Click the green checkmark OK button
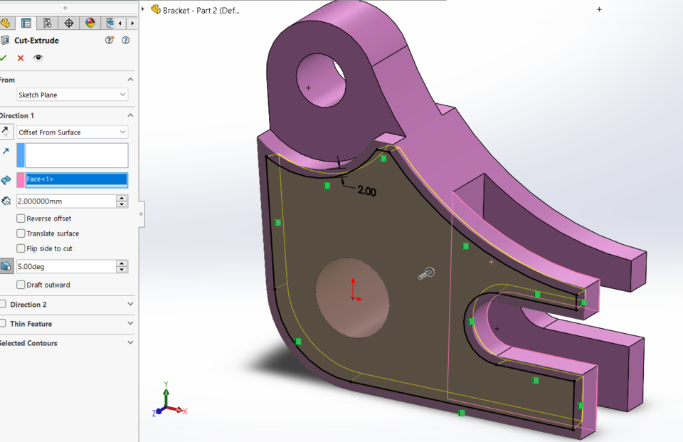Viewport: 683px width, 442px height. point(4,58)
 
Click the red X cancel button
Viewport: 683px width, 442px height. point(21,58)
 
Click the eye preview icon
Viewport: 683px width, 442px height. point(38,58)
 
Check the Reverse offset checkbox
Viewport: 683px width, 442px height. point(21,219)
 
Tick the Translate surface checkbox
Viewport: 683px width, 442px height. point(21,233)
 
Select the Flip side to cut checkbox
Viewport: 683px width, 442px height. point(21,248)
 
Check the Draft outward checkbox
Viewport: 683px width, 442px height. point(21,285)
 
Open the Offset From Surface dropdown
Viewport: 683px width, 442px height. point(72,132)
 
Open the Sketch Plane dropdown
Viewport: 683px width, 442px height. point(72,95)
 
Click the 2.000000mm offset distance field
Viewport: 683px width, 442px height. point(65,201)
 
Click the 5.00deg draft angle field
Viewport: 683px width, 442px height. point(65,266)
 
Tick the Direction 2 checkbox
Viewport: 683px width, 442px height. point(4,305)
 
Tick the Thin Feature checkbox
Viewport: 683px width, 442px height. point(4,324)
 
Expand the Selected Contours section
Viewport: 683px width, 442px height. point(130,343)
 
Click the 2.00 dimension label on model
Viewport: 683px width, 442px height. point(366,191)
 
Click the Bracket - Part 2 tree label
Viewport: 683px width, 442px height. point(201,10)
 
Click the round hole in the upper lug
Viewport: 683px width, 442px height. point(320,80)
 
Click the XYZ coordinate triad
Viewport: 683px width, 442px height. point(168,403)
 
